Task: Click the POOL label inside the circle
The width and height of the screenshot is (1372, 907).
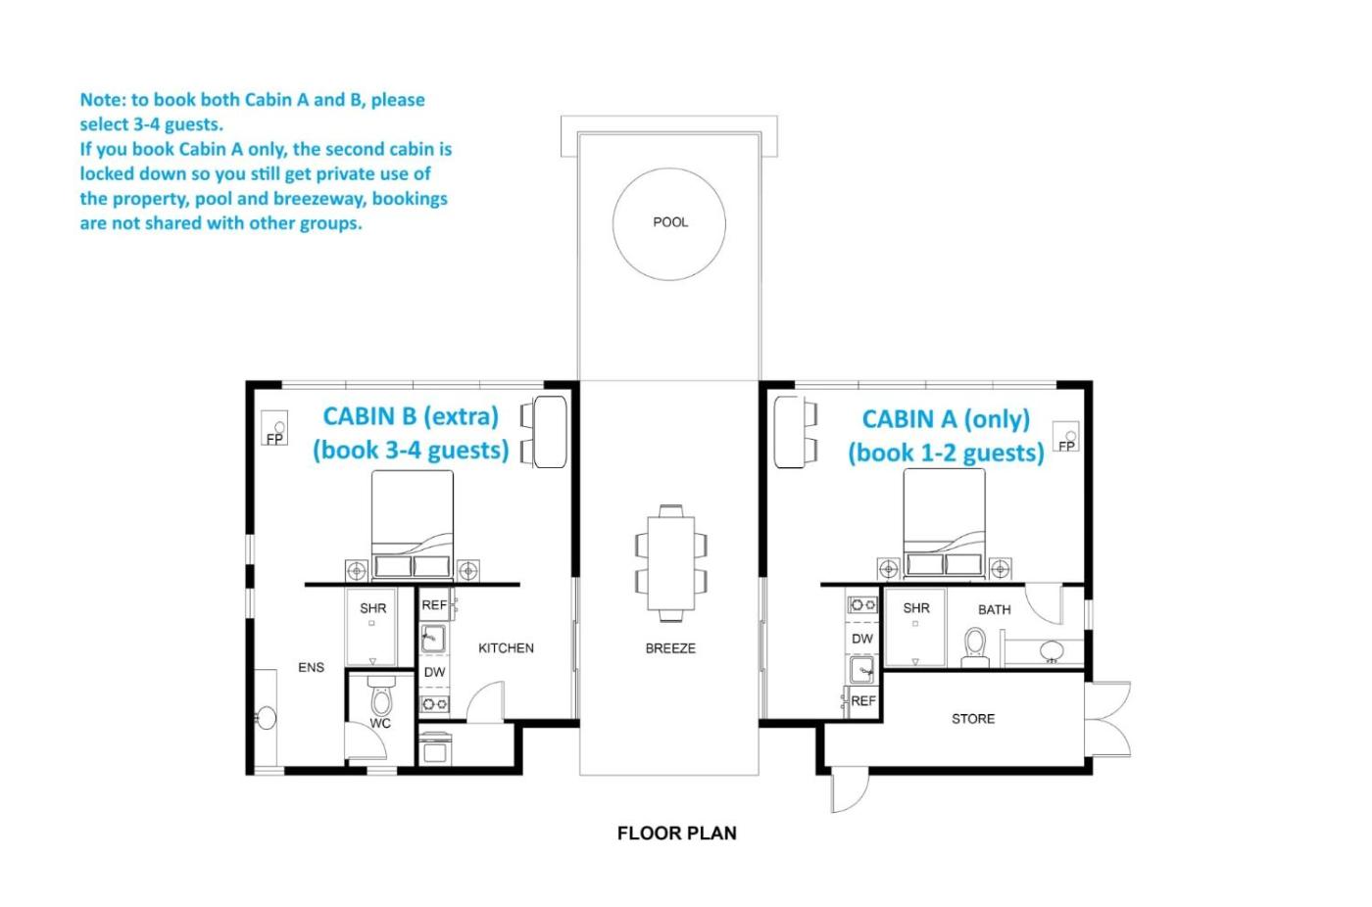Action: pos(670,222)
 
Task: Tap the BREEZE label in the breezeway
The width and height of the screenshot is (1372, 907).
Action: pos(670,648)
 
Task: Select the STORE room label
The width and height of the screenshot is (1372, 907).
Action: pos(972,719)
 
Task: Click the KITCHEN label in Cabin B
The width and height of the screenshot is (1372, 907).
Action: pos(506,648)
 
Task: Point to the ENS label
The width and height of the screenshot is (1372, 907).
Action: pos(312,667)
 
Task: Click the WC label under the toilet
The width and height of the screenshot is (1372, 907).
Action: pos(380,724)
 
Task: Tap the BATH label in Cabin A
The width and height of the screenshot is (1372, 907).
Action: pos(994,609)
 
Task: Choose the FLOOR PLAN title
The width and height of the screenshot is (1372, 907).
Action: pos(677,833)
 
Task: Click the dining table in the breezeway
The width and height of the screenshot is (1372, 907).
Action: pos(670,563)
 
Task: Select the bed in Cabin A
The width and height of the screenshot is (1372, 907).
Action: pos(944,523)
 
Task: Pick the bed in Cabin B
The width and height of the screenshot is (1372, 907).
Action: pos(413,524)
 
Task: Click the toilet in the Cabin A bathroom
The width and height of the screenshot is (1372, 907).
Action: pos(974,647)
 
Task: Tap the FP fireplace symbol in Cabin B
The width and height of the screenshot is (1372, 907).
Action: pos(274,427)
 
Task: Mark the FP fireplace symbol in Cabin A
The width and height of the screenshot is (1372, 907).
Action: pos(1066,437)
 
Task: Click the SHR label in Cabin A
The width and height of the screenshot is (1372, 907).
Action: pos(915,607)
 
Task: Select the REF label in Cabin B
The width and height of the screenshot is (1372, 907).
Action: pos(434,604)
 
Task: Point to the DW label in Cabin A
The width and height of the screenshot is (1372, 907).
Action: pos(861,639)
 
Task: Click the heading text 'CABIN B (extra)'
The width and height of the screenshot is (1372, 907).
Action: pos(411,416)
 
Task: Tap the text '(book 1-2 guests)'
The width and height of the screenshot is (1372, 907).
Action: pos(946,453)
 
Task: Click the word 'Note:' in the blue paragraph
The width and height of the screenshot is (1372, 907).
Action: pos(103,100)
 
